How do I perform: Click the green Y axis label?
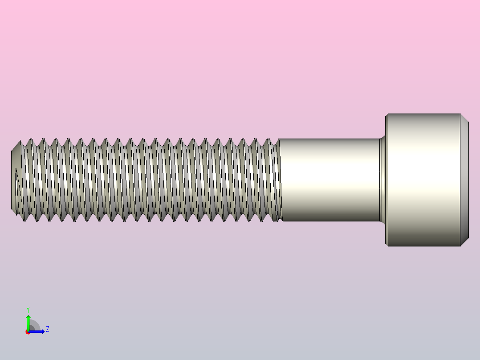(x=28, y=309)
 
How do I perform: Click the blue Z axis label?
(x=47, y=329)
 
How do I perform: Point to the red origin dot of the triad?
(x=28, y=332)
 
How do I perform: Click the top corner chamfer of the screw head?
(x=464, y=118)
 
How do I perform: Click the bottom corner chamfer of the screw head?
(x=464, y=241)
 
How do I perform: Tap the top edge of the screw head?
(x=423, y=114)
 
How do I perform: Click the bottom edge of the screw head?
(x=423, y=246)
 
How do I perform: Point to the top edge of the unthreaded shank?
(x=329, y=139)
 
